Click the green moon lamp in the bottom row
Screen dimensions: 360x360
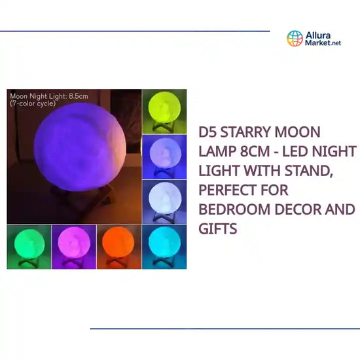pyautogui.click(x=29, y=243)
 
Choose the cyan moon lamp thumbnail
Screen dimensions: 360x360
pyautogui.click(x=164, y=242)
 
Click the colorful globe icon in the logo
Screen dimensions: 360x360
pyautogui.click(x=295, y=38)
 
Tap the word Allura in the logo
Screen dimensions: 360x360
pyautogui.click(x=319, y=34)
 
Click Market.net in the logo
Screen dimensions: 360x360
pyautogui.click(x=323, y=43)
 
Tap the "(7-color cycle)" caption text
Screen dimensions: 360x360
pyautogui.click(x=33, y=103)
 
